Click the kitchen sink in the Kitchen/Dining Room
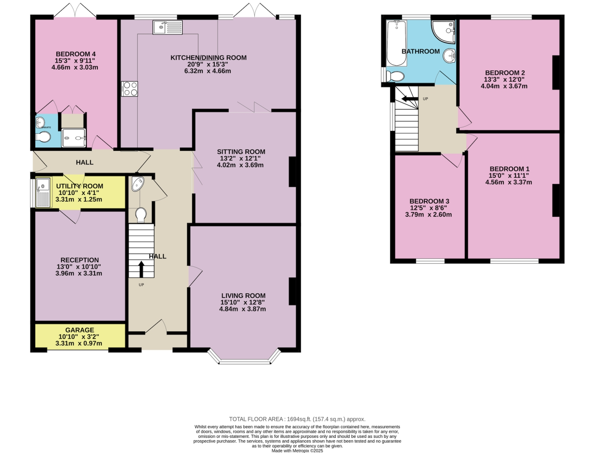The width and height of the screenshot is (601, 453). [x=167, y=27]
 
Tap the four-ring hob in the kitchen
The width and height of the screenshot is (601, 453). [x=129, y=89]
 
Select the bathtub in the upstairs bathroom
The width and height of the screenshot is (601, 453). [x=396, y=43]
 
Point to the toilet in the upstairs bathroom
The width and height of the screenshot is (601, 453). [x=395, y=76]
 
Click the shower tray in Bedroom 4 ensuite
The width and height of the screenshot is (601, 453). [x=74, y=138]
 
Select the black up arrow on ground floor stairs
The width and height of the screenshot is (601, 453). [x=141, y=269]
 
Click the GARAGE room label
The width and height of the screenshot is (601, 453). [x=79, y=330]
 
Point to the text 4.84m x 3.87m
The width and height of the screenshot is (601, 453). [x=242, y=309]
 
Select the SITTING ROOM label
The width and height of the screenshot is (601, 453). [x=241, y=152]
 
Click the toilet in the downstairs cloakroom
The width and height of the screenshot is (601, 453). [x=141, y=214]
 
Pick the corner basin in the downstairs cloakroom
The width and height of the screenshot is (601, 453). [x=137, y=184]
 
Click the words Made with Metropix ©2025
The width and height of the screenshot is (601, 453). [x=297, y=451]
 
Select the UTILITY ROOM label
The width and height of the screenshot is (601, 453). [x=79, y=186]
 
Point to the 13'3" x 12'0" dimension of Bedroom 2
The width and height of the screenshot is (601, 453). [x=504, y=79]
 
